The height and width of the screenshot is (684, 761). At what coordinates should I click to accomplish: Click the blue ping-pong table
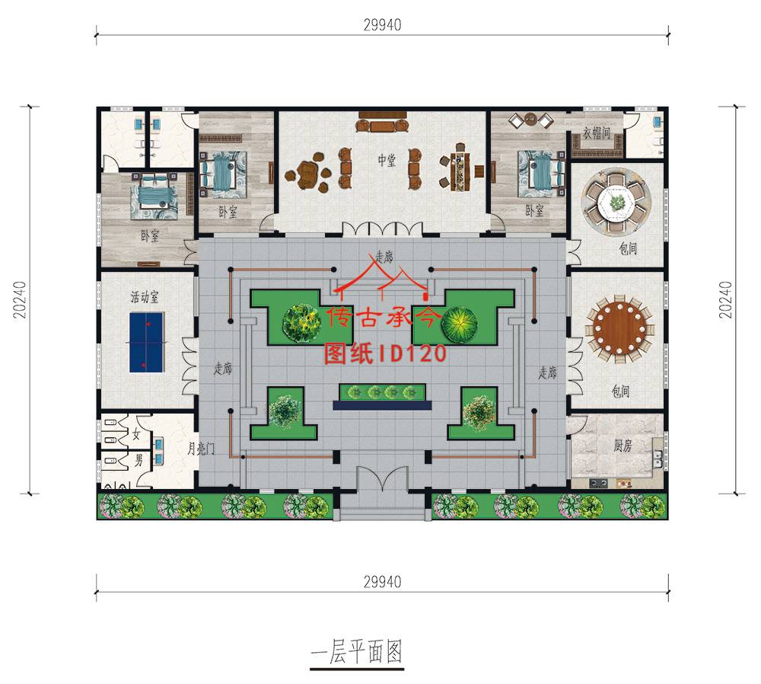(x=146, y=342)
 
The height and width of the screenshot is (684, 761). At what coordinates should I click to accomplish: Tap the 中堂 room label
(x=387, y=160)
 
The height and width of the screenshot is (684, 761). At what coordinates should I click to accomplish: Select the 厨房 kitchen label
(x=622, y=445)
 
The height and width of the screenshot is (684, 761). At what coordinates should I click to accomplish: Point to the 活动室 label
(x=145, y=296)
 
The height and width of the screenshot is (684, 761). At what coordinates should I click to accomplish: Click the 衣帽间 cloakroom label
(x=597, y=133)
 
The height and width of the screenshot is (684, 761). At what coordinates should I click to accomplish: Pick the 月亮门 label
(x=201, y=448)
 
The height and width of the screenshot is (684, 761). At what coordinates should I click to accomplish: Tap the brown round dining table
(x=619, y=329)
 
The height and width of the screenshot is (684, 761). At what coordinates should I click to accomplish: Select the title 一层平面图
(x=357, y=651)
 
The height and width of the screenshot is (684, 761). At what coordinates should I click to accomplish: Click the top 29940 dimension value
(x=383, y=25)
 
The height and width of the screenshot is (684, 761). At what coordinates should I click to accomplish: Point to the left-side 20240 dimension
(x=20, y=300)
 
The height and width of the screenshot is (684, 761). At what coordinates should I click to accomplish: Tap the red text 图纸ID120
(x=385, y=353)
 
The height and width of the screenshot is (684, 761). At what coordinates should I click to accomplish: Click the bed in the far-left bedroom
(x=153, y=193)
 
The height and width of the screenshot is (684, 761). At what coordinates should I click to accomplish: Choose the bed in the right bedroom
(x=540, y=174)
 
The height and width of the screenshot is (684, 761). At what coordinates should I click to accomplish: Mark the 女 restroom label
(x=136, y=434)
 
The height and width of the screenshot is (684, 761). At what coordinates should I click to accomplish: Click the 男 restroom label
(x=139, y=459)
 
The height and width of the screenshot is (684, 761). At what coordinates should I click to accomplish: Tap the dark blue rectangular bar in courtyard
(x=383, y=405)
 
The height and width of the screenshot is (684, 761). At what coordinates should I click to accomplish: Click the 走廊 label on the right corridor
(x=547, y=372)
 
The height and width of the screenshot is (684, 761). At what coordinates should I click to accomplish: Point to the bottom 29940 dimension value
(x=383, y=581)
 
